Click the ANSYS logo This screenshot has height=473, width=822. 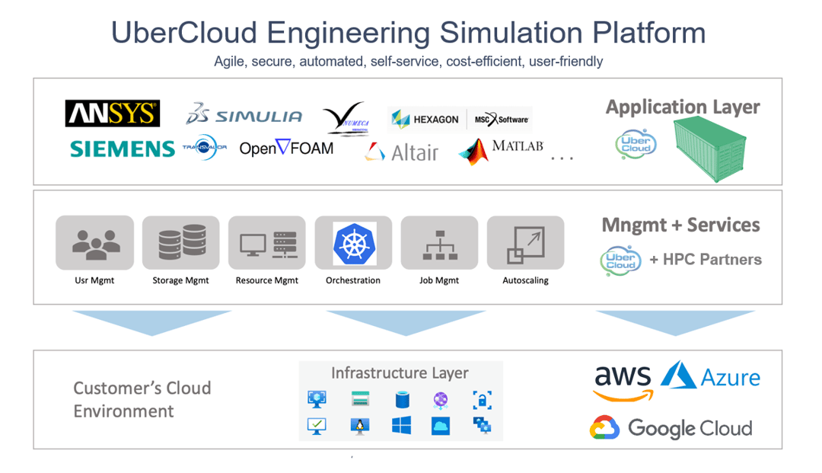[112, 113]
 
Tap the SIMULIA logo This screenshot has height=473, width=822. [244, 115]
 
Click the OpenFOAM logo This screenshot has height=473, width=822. [286, 148]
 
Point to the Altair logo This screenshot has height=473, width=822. [401, 152]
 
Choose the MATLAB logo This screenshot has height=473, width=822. [502, 149]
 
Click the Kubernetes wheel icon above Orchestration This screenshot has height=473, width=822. [354, 244]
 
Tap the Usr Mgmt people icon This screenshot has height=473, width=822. [94, 244]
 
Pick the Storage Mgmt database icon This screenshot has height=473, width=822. [181, 244]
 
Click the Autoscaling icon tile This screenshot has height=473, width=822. [525, 244]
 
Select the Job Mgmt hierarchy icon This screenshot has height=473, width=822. [439, 244]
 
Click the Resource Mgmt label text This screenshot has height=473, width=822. [266, 280]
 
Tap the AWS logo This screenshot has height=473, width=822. [623, 381]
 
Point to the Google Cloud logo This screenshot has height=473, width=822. [671, 428]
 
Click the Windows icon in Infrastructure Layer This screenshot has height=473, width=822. [401, 426]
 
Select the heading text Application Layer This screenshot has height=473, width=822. [682, 107]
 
